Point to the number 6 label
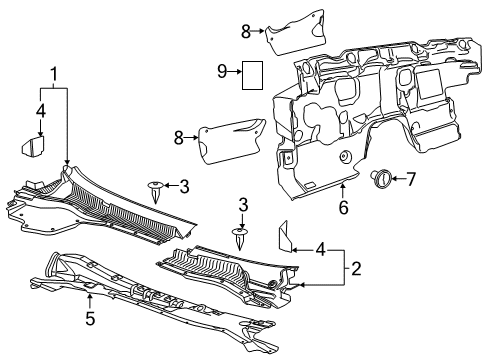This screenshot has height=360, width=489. [x=342, y=207]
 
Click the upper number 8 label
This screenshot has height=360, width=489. [x=244, y=31]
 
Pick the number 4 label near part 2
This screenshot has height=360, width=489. [x=320, y=248]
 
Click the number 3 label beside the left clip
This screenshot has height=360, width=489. [x=184, y=185]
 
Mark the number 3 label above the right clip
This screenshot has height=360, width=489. [x=243, y=204]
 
